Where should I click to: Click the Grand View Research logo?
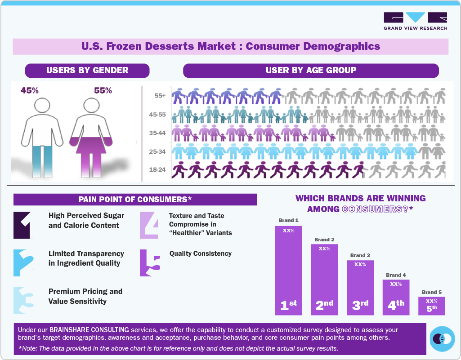click(415, 21)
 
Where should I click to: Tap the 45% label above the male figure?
click(30, 90)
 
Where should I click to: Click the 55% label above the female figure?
click(103, 90)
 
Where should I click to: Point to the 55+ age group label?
click(160, 96)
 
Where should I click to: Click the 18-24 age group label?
click(157, 170)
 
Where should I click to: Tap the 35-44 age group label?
click(157, 133)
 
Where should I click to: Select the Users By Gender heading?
click(87, 71)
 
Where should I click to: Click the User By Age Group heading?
click(311, 71)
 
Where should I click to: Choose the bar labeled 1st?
click(289, 270)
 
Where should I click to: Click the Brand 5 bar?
click(432, 306)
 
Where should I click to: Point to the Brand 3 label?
click(360, 255)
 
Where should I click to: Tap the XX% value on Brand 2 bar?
click(324, 249)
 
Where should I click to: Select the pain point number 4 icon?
click(149, 225)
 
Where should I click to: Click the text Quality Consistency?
click(200, 253)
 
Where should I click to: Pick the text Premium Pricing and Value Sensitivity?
click(85, 296)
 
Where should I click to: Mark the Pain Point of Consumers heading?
click(135, 200)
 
